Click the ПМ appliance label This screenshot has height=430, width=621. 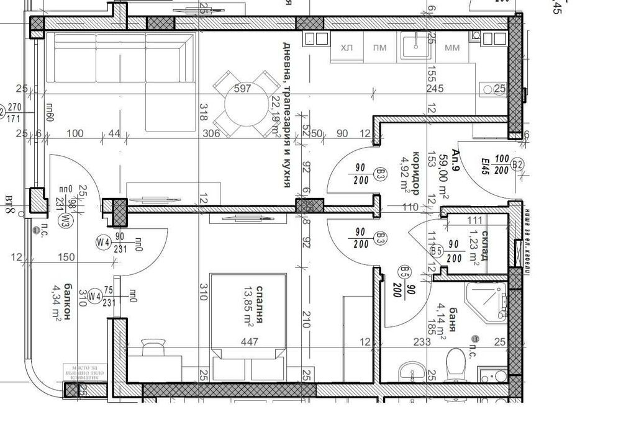tap(379, 48)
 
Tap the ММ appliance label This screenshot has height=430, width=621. tap(452, 48)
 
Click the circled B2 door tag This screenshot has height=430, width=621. tap(519, 164)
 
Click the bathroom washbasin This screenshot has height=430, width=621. tap(409, 372)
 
